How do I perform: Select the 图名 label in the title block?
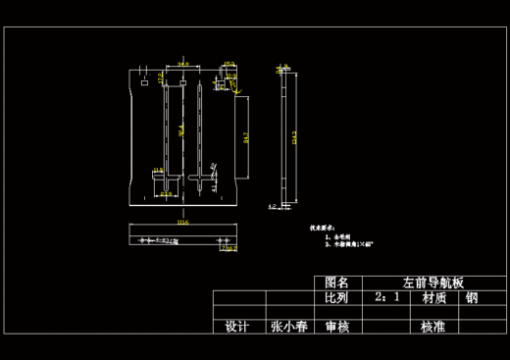pyautogui.click(x=337, y=282)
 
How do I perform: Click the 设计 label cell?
pyautogui.click(x=236, y=327)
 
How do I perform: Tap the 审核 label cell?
pyautogui.click(x=337, y=327)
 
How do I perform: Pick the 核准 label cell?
pyautogui.click(x=434, y=327)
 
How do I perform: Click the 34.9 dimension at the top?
pyautogui.click(x=183, y=65)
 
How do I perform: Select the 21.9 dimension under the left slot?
pyautogui.click(x=166, y=194)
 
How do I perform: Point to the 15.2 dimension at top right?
pyautogui.click(x=229, y=65)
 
